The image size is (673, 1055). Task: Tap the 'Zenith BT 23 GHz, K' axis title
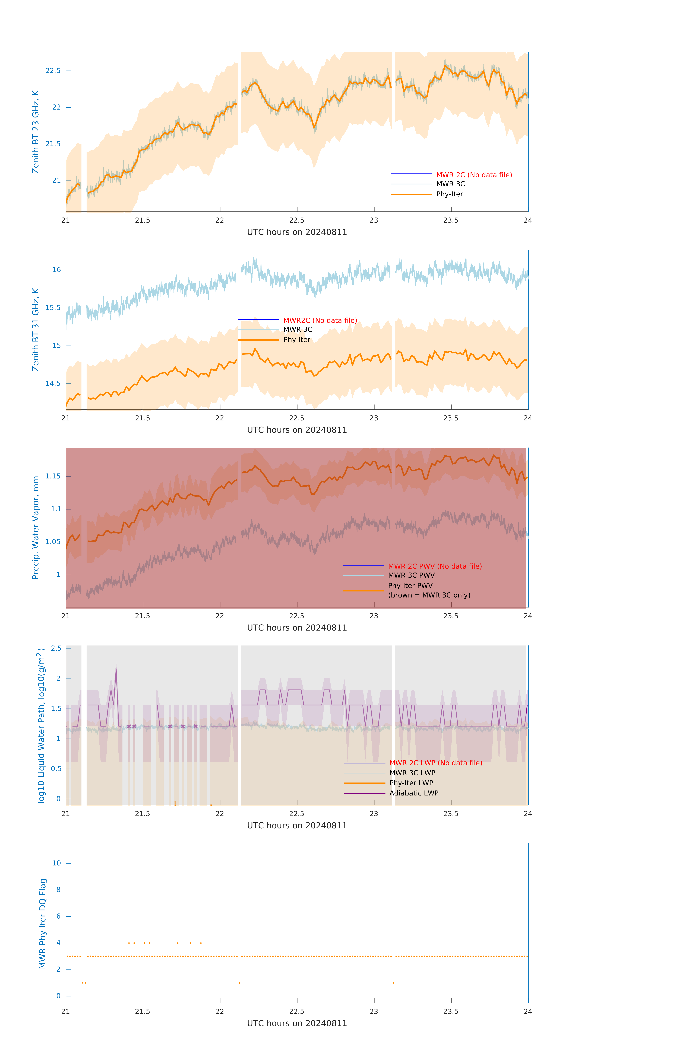[36, 132]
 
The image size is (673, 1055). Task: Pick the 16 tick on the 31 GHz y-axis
[56, 270]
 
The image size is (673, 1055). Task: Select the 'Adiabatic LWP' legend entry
[413, 793]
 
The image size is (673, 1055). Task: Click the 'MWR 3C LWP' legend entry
[412, 773]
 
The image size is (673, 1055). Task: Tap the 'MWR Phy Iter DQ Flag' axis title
[43, 923]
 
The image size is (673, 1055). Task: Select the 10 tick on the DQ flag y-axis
[56, 863]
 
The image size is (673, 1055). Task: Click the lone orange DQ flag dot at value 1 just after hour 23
[393, 983]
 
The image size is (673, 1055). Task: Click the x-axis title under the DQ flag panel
[297, 1024]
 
